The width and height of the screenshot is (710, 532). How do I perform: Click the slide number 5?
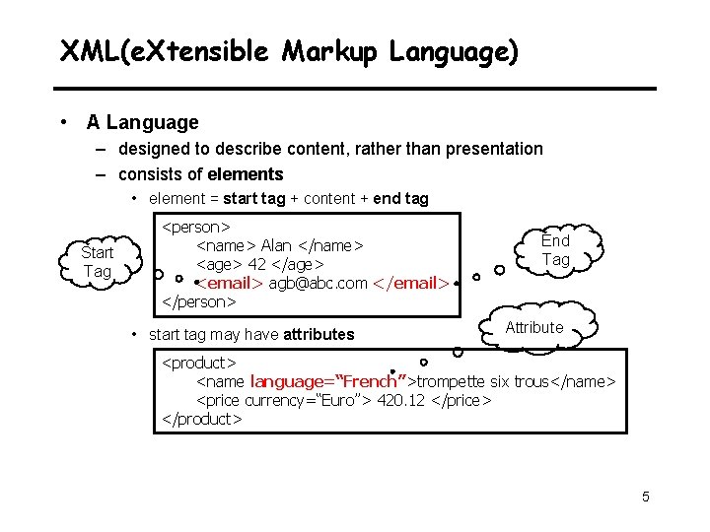(646, 497)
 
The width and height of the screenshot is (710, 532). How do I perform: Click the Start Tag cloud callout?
(97, 262)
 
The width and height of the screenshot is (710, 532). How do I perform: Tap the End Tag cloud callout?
(555, 250)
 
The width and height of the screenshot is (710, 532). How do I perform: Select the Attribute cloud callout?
(533, 328)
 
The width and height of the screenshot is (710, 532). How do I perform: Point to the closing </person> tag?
(199, 301)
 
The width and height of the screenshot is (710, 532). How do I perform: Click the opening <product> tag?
(199, 364)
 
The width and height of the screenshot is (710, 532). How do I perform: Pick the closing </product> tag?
(202, 419)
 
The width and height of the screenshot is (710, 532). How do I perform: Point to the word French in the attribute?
(367, 381)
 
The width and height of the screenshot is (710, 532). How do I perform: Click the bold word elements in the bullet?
(246, 174)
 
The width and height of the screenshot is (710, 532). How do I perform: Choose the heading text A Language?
(142, 123)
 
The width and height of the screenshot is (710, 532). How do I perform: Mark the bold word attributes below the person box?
(319, 334)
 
